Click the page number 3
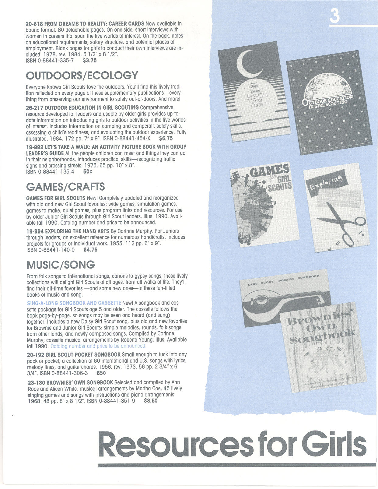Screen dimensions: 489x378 click(334, 16)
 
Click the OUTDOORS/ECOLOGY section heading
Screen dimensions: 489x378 click(82, 76)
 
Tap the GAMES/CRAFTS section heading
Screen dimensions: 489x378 click(65, 187)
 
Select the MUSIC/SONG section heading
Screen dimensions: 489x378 click(61, 265)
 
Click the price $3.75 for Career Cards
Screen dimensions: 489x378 click(90, 61)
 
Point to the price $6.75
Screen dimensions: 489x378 click(166, 138)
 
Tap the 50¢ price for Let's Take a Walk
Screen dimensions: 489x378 click(88, 172)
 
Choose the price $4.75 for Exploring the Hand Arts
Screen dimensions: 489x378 click(90, 250)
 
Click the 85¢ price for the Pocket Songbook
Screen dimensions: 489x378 click(101, 373)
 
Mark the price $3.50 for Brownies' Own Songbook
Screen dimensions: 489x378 click(151, 401)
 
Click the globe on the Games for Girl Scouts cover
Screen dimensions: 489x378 click(259, 210)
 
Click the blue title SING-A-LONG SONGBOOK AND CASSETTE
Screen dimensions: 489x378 click(74, 303)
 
